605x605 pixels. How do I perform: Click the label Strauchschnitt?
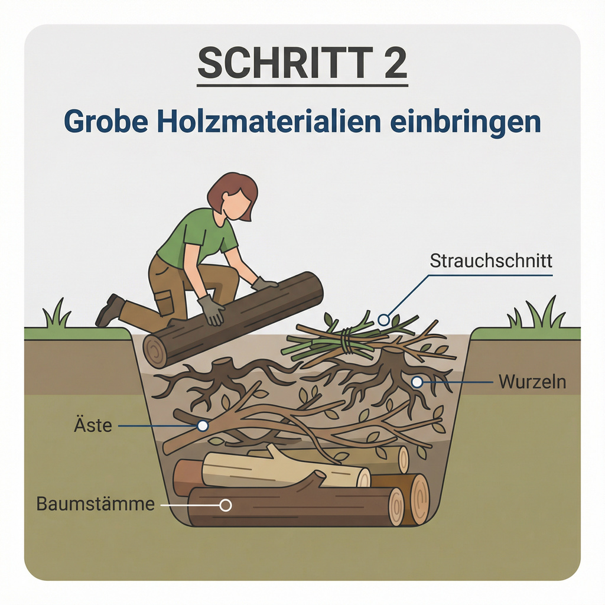(x=491, y=261)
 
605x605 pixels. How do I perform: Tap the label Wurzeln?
(x=532, y=382)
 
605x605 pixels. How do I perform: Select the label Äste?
(x=93, y=425)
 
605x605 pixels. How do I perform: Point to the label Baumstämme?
(x=95, y=503)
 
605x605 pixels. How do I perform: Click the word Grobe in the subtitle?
(x=106, y=122)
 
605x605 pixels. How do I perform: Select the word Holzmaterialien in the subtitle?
(x=269, y=122)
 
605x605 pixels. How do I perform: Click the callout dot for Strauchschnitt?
(x=383, y=320)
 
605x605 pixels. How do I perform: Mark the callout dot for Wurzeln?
(x=417, y=382)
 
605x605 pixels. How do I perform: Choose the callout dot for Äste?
(x=203, y=426)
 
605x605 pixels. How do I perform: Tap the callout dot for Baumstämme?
(x=226, y=505)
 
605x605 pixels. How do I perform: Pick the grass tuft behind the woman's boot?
(x=57, y=314)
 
